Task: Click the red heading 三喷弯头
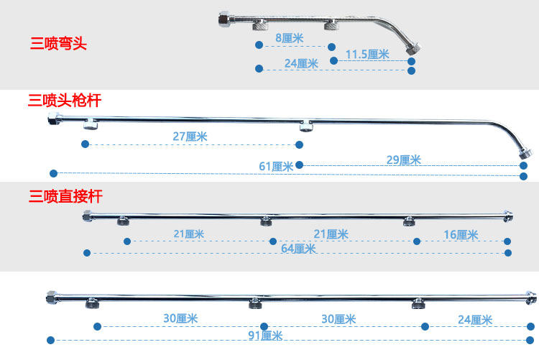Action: [x=58, y=45]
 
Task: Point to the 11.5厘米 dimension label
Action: [x=367, y=54]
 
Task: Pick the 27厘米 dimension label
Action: [x=190, y=136]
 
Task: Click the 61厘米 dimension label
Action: [x=276, y=166]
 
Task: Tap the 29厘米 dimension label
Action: [x=403, y=160]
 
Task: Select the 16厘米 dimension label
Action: [x=461, y=234]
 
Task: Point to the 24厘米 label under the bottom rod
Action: [x=475, y=320]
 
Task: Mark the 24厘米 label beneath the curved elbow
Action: [x=301, y=63]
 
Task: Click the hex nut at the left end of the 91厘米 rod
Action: [x=52, y=297]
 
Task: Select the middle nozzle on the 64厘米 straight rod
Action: [x=266, y=221]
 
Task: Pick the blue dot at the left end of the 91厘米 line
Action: [x=50, y=340]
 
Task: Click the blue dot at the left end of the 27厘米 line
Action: [x=86, y=144]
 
